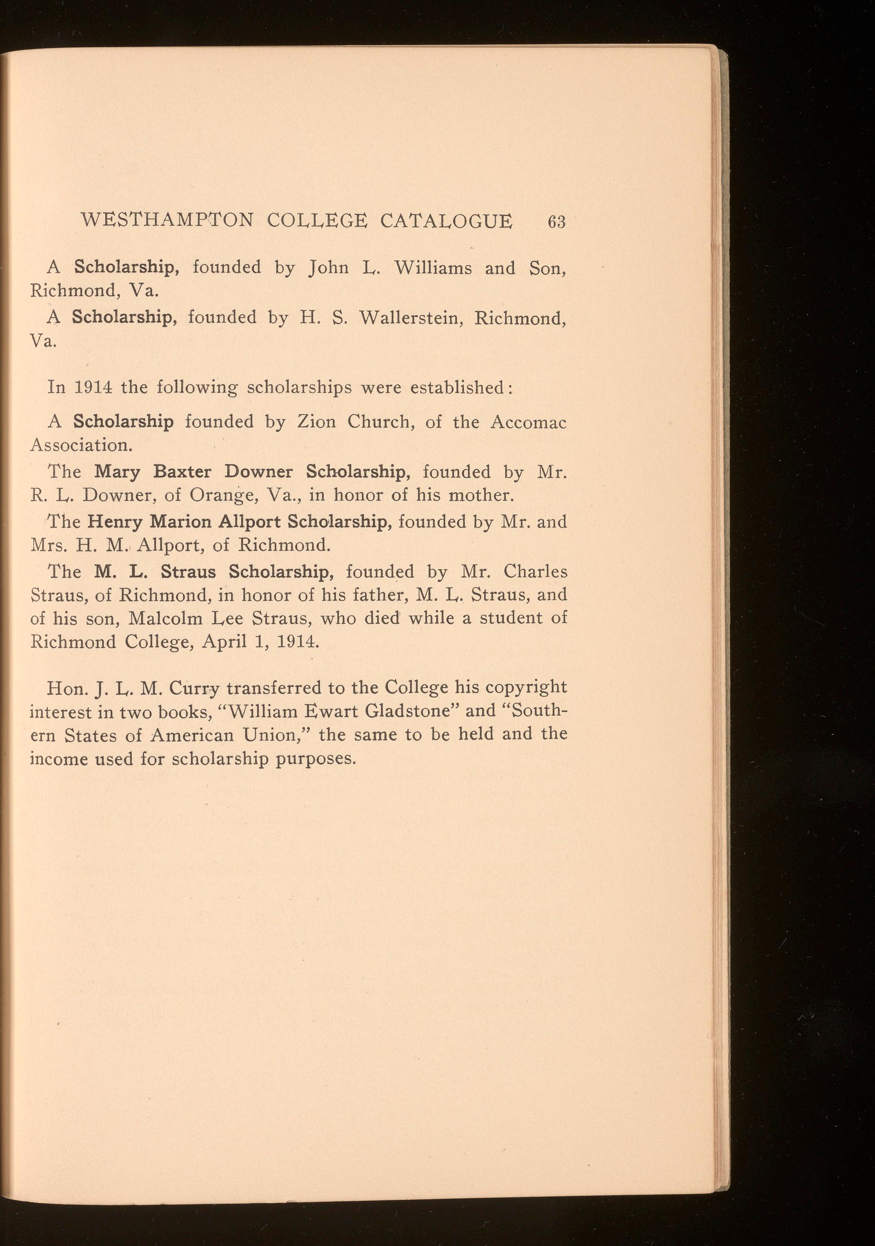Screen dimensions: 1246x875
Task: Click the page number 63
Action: tap(556, 222)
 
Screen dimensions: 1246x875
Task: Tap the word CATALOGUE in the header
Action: tap(446, 221)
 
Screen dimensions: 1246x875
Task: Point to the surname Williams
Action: tap(433, 268)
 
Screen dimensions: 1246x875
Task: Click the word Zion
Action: tap(317, 422)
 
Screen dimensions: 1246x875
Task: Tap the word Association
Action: tap(81, 445)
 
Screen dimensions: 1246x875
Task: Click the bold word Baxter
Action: tap(182, 471)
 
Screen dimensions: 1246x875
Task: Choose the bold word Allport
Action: tap(249, 521)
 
